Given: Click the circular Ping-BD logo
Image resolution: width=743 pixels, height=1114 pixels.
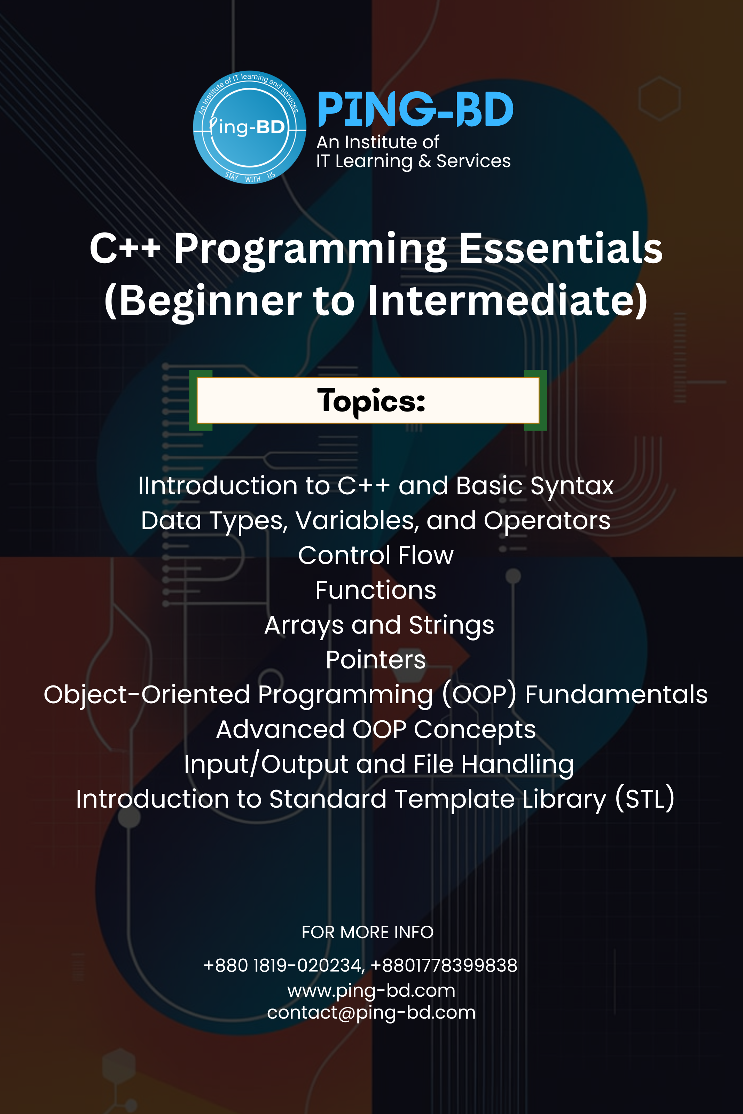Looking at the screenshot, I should tap(249, 127).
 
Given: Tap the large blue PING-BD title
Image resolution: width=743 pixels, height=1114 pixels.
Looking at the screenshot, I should tap(415, 110).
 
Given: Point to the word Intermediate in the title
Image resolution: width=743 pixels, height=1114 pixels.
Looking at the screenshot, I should tap(507, 301).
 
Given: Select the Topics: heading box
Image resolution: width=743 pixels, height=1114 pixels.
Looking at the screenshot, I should tap(368, 401).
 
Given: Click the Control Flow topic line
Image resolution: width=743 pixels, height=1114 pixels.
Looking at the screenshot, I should tap(376, 555).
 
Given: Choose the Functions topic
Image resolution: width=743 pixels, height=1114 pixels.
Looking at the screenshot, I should tap(376, 590).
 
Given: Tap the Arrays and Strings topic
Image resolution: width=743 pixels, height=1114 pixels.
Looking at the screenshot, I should tap(379, 625).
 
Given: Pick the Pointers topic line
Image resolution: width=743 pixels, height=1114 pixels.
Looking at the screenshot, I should tap(376, 660).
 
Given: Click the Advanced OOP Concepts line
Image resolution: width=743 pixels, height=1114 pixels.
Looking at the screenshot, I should tap(376, 729).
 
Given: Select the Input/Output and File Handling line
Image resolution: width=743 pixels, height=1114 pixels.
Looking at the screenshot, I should tap(379, 764).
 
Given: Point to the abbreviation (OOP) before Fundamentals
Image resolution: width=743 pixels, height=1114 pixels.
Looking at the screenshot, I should tap(479, 695).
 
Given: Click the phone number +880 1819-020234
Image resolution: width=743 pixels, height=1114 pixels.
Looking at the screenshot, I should tap(283, 965).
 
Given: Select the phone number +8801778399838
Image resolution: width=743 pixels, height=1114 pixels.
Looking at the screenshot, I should tap(444, 965).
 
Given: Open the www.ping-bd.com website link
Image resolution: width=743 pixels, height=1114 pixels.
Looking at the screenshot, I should tap(371, 990).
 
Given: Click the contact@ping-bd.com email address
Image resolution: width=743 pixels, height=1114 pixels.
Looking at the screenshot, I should tap(371, 1013).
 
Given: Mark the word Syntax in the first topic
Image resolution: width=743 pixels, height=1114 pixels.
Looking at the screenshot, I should tap(572, 486).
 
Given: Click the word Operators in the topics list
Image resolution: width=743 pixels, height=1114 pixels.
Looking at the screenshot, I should tap(547, 520).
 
